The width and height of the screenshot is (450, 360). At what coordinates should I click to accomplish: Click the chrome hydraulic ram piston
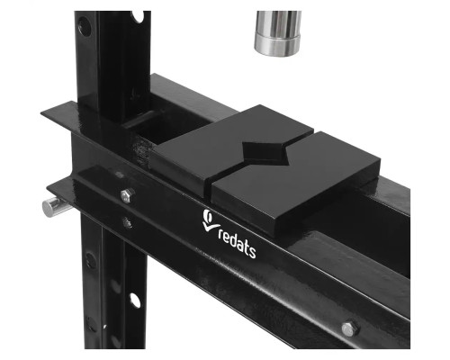278,33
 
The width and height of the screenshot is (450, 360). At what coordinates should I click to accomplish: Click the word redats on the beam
237,243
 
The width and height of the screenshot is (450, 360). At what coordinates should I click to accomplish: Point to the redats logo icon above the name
211,220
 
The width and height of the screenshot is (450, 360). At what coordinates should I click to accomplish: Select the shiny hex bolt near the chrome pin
127,195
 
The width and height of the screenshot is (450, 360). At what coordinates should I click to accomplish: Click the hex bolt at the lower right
349,328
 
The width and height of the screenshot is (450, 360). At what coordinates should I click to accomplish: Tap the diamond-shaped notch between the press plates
266,153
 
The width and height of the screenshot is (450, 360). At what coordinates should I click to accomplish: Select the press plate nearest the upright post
231,147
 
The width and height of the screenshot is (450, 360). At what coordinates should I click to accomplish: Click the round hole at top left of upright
85,27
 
